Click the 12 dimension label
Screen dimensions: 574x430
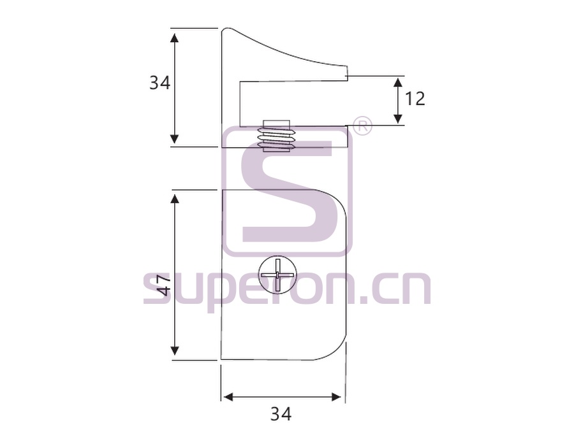[x=415, y=99]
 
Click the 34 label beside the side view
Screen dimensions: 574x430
[x=160, y=83]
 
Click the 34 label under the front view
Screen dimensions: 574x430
[x=281, y=414]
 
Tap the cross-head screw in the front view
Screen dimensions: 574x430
[x=277, y=275]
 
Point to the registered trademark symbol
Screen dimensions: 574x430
[x=362, y=127]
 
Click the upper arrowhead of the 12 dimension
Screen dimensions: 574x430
[x=398, y=82]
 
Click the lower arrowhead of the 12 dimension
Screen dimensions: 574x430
[x=398, y=119]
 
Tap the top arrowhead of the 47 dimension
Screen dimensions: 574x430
[x=175, y=199]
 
